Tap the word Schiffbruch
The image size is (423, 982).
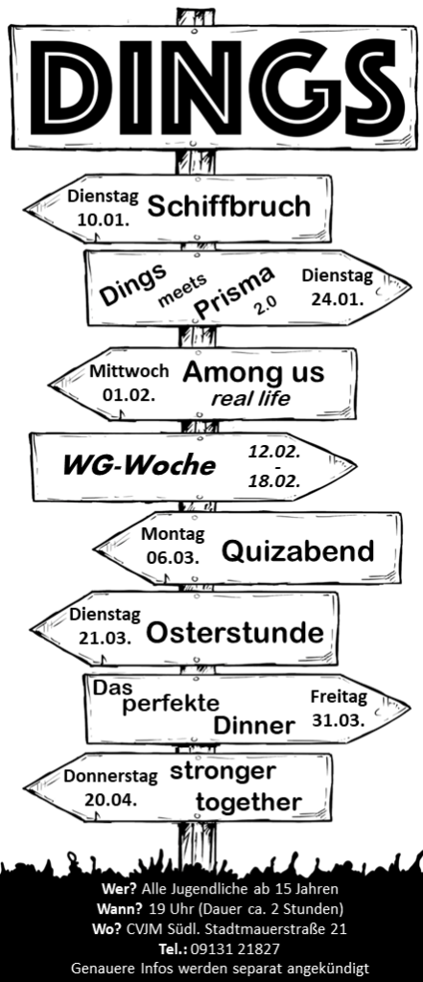[228, 206]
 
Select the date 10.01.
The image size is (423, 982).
[104, 220]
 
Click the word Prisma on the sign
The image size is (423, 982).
[234, 292]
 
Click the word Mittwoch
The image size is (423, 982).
[129, 371]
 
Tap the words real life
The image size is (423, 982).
[250, 398]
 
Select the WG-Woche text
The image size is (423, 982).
[138, 466]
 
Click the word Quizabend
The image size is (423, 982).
[297, 551]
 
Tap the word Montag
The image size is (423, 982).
[173, 535]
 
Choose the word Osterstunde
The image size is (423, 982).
[235, 633]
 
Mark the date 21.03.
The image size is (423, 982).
[105, 638]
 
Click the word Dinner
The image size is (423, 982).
[254, 726]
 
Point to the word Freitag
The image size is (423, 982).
[339, 697]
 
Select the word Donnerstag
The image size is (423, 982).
[110, 777]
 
